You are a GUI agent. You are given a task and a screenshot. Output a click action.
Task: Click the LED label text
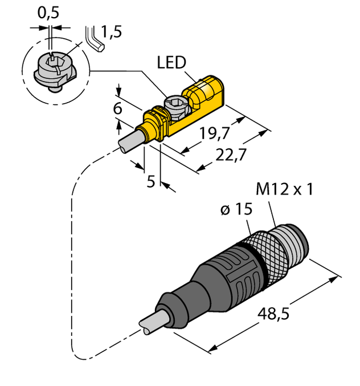pos(171,62)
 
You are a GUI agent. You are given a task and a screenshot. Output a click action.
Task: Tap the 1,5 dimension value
pos(113,32)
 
